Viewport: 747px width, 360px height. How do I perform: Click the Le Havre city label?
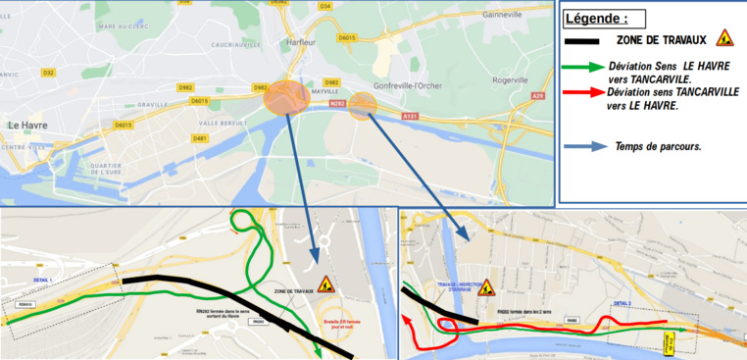click(x=28, y=126)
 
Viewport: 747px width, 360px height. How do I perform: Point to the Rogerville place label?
click(x=511, y=79)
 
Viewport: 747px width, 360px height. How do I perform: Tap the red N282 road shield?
click(x=338, y=102)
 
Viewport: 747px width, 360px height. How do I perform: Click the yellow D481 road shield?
click(x=201, y=138)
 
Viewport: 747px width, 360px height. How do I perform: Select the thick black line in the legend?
click(x=587, y=41)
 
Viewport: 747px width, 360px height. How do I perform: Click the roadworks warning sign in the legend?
click(x=723, y=38)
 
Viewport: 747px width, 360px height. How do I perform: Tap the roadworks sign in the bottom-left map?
click(x=325, y=284)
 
